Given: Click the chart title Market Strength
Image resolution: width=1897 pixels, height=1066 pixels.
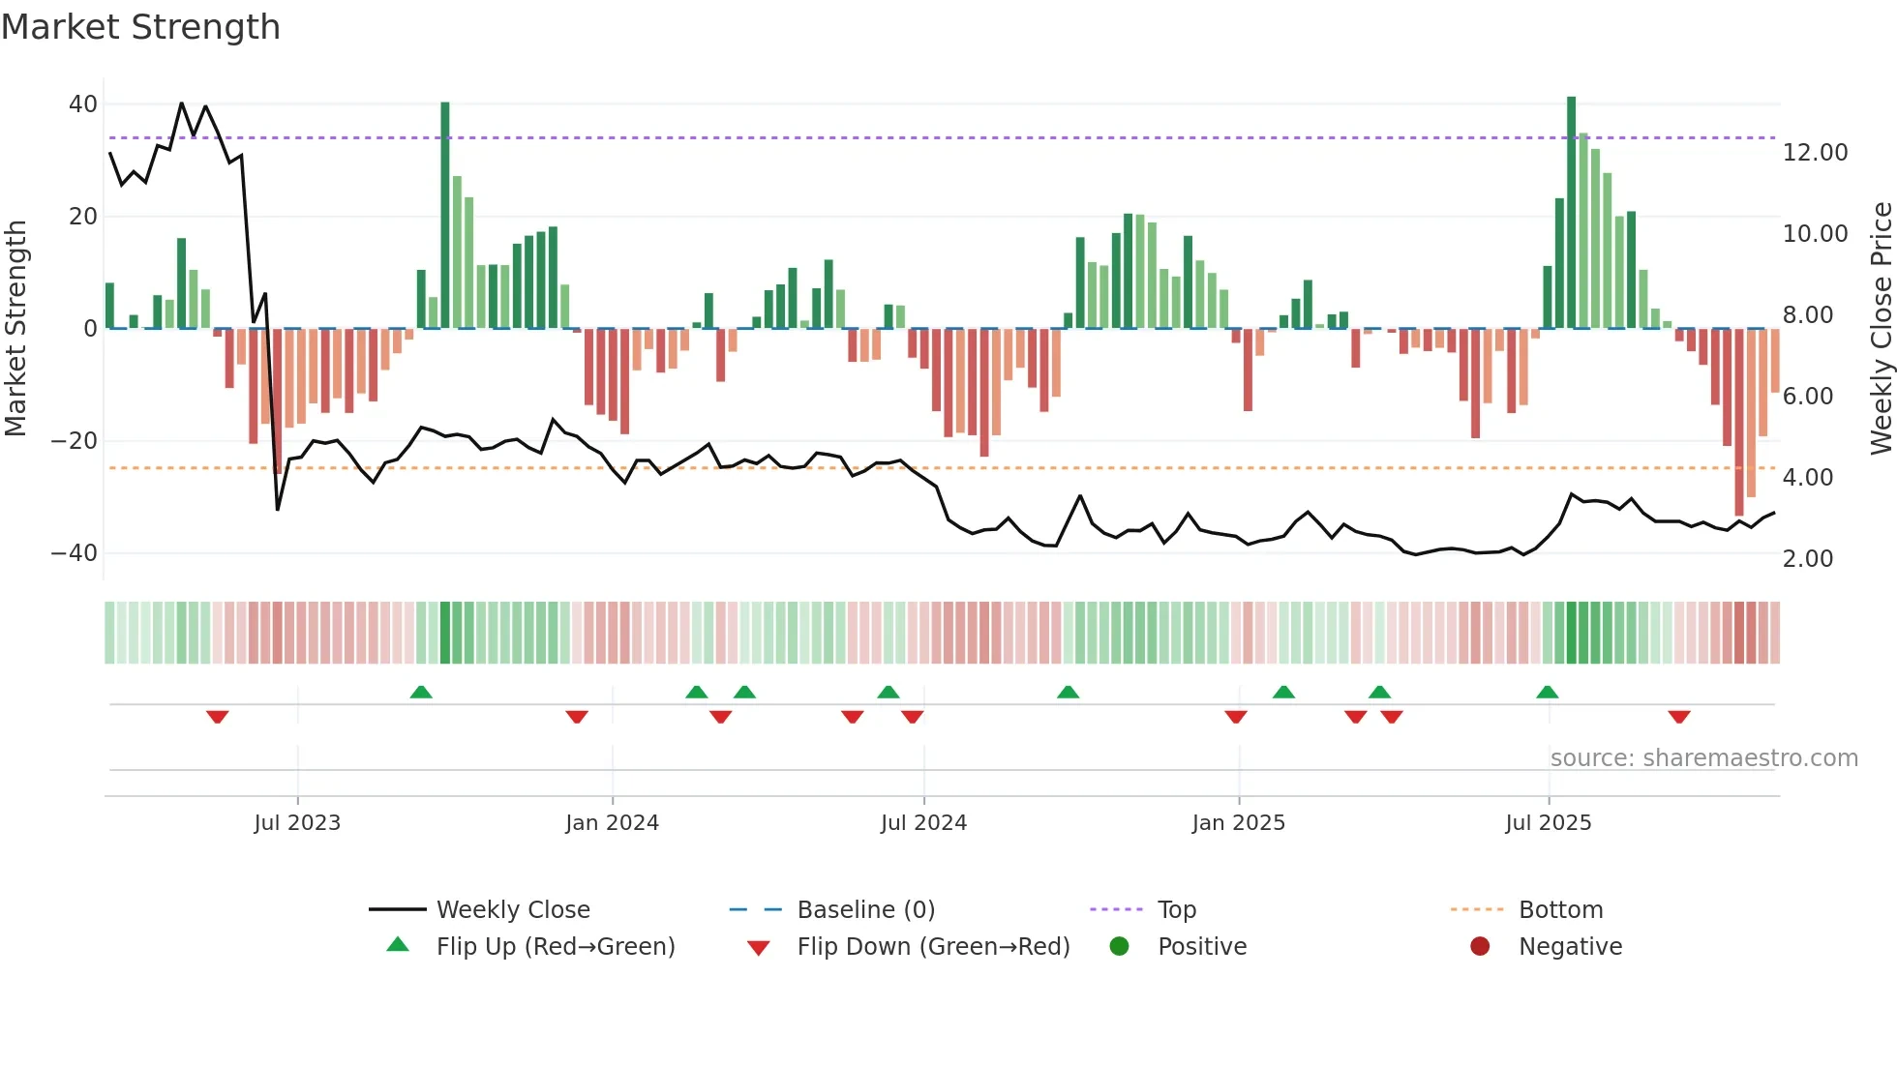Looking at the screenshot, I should pos(140,27).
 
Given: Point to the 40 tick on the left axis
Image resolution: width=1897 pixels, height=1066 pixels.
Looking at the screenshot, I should pos(83,104).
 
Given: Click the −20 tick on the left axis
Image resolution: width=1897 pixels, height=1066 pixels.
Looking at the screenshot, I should pos(75,441).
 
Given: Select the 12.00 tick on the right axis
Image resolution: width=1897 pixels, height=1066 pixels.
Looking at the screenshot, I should pos(1815,153).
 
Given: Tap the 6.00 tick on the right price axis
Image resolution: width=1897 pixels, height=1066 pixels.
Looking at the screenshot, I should pos(1807,397).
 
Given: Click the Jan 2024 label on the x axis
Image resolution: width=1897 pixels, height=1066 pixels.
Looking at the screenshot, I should pos(612,823).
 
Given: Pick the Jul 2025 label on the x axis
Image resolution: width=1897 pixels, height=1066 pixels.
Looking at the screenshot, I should pos(1548,823).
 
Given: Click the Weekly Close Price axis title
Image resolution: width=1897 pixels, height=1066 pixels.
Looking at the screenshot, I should pos(1881,328).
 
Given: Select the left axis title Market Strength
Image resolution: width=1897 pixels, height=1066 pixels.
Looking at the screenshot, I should pos(16,328).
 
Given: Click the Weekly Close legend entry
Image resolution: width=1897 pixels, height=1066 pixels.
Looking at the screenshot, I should pos(512,910).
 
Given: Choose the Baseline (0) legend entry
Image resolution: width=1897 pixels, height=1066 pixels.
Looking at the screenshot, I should pos(865,910).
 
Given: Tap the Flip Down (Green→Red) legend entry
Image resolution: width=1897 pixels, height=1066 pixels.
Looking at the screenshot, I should pos(933,947).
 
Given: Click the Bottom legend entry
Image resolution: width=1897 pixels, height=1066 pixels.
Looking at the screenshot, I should pos(1560,910).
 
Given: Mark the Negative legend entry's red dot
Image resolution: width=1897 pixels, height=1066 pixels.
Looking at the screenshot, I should pos(1480,947).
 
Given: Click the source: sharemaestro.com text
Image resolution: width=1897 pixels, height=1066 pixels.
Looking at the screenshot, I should pos(1703,758).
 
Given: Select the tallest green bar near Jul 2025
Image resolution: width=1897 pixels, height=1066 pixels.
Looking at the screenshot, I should pos(1572,213).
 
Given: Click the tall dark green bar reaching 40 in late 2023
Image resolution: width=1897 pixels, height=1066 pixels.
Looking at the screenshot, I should pos(445,215).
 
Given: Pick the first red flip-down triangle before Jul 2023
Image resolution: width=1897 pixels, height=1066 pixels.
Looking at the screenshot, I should pos(217,717).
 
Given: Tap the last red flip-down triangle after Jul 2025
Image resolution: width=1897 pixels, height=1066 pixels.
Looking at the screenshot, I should pos(1679,717).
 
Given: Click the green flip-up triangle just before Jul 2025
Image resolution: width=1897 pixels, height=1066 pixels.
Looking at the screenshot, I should pos(1547,692).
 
